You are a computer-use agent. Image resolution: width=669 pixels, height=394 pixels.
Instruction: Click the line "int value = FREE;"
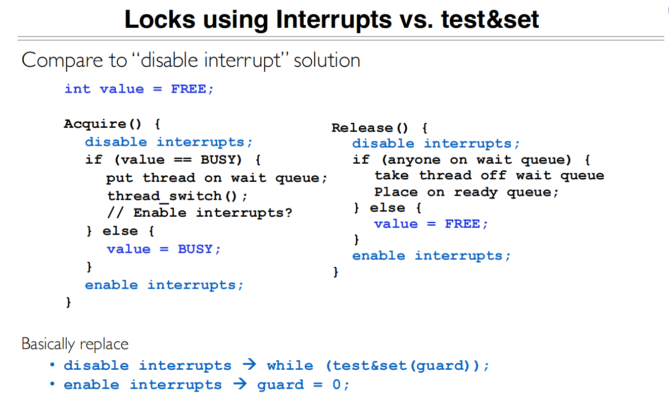pos(139,89)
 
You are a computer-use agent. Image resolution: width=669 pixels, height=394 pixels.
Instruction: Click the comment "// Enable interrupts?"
pos(200,213)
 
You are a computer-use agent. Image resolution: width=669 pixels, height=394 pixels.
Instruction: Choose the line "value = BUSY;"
pos(164,249)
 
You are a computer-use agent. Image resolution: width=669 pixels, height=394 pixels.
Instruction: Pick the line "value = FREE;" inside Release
pos(431,224)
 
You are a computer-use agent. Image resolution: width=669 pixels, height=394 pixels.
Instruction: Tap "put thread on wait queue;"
pos(217,178)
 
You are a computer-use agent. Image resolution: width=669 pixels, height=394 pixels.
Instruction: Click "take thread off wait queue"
pos(489,175)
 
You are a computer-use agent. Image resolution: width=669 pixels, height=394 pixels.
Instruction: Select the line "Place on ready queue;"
pos(466,192)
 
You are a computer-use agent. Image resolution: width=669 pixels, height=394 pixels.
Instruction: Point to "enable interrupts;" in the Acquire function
pos(164,285)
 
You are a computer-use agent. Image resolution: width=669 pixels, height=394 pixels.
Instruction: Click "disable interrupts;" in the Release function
pos(436,143)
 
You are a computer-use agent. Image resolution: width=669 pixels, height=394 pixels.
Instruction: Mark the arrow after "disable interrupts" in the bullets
pos(249,365)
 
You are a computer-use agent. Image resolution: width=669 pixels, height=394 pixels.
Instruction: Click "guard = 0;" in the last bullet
pos(303,385)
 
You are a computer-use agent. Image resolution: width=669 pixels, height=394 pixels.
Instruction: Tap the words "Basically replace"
pos(75,344)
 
